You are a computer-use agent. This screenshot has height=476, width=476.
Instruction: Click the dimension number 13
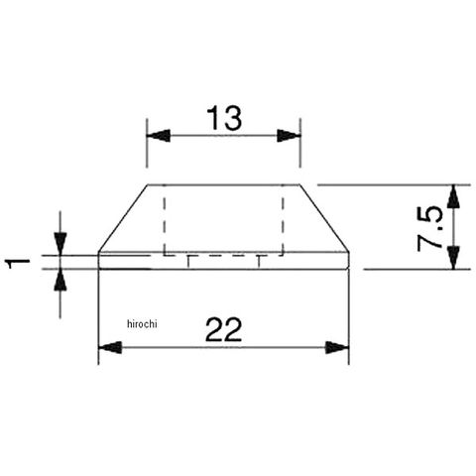tap(224, 118)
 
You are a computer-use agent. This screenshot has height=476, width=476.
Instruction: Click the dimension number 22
tap(224, 329)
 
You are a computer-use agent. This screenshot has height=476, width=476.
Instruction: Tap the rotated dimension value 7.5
tap(429, 229)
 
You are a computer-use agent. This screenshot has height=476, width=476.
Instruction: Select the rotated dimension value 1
tap(19, 264)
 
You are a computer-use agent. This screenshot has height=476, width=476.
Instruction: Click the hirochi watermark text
tap(142, 324)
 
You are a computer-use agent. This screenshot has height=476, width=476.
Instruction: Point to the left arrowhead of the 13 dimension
tap(159, 136)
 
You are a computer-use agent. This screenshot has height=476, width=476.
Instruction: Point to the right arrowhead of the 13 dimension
tap(289, 136)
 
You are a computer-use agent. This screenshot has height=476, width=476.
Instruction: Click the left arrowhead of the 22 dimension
tap(110, 348)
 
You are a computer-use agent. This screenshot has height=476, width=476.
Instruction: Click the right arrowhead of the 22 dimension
tap(337, 348)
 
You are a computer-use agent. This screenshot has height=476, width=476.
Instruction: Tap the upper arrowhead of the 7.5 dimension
tap(453, 196)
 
